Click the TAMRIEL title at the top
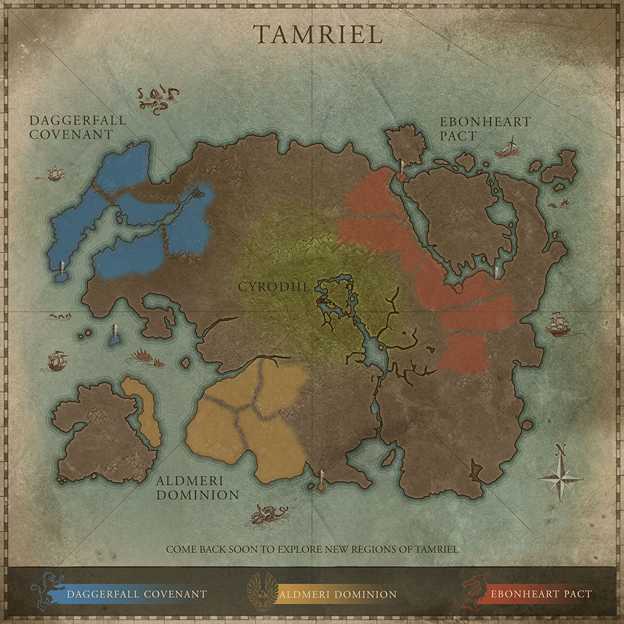point(317,34)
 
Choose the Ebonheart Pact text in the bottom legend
point(541,593)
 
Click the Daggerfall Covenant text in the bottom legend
point(137,593)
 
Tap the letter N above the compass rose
point(560,449)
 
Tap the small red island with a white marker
point(402,175)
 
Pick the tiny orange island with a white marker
point(321,486)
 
